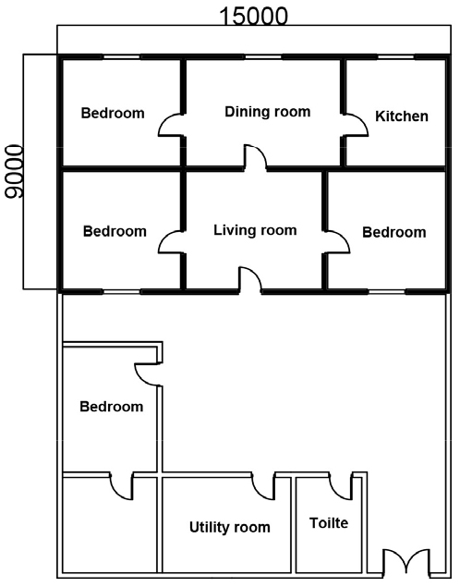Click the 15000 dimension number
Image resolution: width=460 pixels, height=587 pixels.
tap(254, 17)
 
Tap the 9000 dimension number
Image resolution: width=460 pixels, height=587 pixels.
tap(14, 172)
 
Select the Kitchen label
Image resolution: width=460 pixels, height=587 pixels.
tap(402, 116)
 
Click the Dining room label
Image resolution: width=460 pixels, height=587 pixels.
tap(267, 112)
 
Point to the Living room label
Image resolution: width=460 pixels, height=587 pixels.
tap(255, 230)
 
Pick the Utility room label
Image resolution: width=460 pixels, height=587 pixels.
tap(230, 527)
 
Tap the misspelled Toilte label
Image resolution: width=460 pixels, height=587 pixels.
tap(329, 522)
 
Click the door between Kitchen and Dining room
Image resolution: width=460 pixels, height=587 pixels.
tap(356, 124)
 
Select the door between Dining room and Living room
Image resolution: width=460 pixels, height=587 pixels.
tap(256, 156)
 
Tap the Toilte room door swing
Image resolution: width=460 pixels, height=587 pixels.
tap(341, 486)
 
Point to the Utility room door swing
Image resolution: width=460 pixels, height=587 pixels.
tap(263, 486)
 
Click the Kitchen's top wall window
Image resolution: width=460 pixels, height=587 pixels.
tap(395, 57)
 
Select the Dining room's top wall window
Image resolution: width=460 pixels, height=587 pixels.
tap(263, 57)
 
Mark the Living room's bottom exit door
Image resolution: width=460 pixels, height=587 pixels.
tap(250, 279)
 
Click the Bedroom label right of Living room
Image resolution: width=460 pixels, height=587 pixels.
tap(394, 232)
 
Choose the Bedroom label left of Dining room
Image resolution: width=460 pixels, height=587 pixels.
tap(113, 113)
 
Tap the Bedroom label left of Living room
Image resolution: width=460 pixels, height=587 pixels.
tap(115, 231)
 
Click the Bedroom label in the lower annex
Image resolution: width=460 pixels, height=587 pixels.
tap(112, 407)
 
